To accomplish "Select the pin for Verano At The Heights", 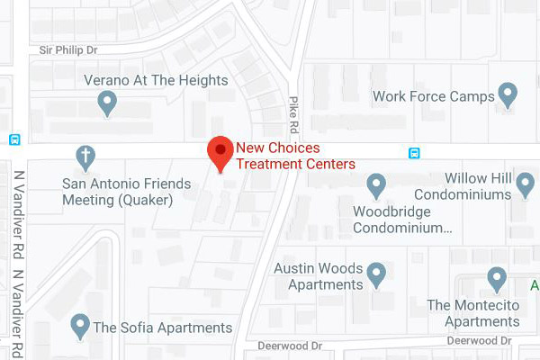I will pyautogui.click(x=108, y=103).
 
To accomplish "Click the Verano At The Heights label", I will pyautogui.click(x=155, y=80).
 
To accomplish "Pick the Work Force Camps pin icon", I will pyautogui.click(x=508, y=94).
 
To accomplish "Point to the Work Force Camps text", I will pyautogui.click(x=434, y=95).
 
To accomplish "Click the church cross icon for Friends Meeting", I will pyautogui.click(x=85, y=156).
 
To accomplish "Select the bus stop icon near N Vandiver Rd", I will pyautogui.click(x=14, y=139).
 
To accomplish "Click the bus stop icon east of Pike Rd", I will pyautogui.click(x=414, y=153).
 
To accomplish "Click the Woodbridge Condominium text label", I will pyautogui.click(x=391, y=220).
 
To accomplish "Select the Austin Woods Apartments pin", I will pyautogui.click(x=377, y=273).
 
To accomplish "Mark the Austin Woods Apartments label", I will pyautogui.click(x=319, y=276).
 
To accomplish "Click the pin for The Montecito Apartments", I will pyautogui.click(x=496, y=277).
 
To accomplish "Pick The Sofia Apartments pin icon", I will pyautogui.click(x=80, y=324).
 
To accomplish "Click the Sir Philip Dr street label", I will pyautogui.click(x=68, y=51).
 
